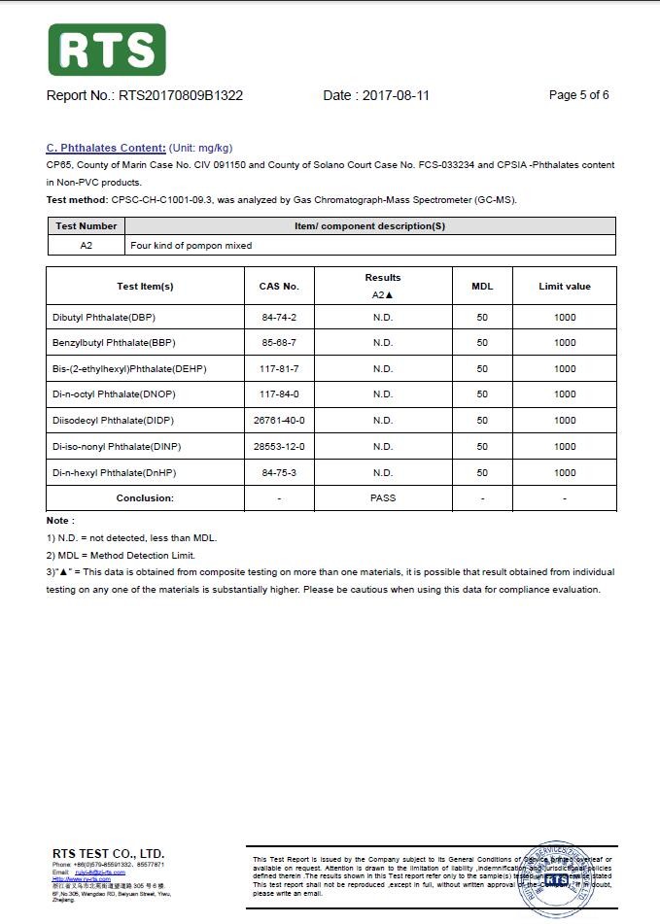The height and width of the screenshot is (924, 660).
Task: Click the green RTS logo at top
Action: pos(107,50)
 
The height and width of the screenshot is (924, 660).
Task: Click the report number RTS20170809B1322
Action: pos(180,95)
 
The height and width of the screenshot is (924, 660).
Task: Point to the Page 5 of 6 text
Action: pos(578,95)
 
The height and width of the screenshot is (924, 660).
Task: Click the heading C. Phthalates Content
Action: pos(106,148)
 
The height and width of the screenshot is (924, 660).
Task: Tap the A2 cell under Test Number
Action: pos(87,246)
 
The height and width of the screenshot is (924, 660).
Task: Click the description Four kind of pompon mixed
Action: pos(191,246)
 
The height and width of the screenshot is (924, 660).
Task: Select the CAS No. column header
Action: pos(279,287)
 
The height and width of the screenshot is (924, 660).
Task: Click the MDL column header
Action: pos(482,287)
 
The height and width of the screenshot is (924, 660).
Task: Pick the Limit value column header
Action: pos(565,287)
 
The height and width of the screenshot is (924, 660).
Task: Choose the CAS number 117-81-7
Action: pos(279,369)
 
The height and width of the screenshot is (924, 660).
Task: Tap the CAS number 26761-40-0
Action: pos(279,421)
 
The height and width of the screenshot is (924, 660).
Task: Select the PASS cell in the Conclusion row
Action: pos(383,497)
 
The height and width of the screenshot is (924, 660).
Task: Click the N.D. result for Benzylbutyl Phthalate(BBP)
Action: pos(383,343)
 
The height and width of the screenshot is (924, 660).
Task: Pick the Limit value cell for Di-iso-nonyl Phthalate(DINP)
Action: pos(565,446)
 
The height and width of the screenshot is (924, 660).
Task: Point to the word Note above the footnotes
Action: pos(59,521)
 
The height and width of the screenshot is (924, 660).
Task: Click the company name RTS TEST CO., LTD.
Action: pos(108,853)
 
